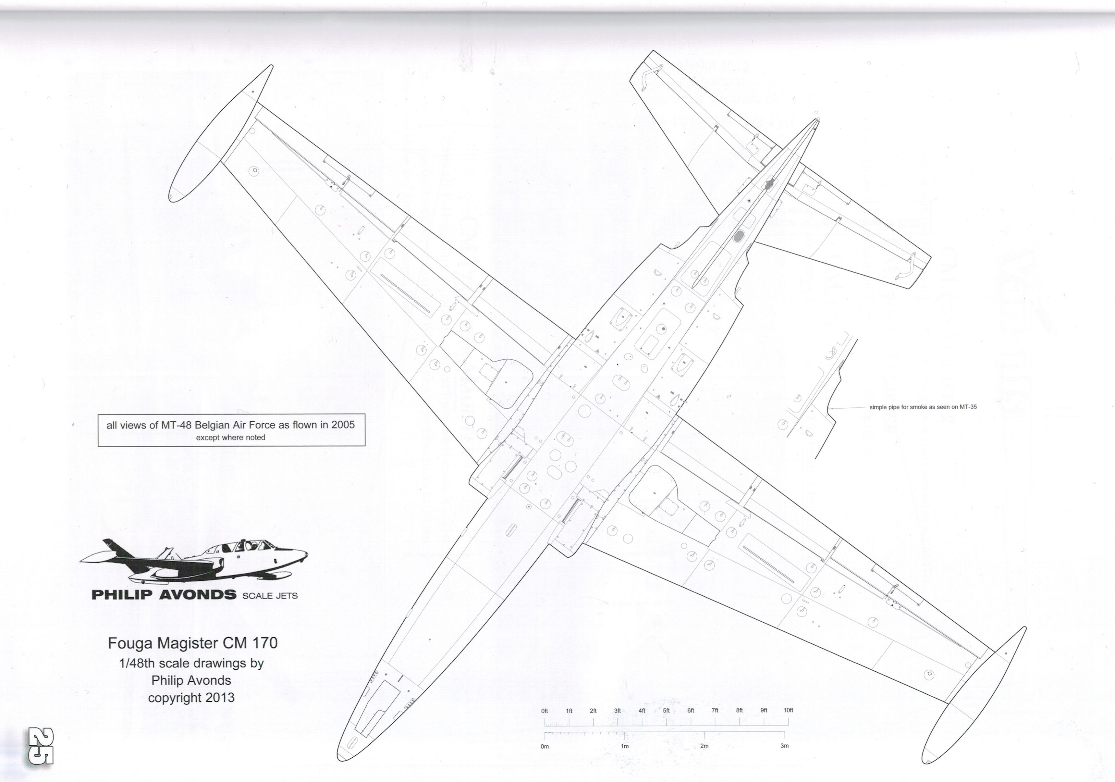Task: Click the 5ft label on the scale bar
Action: pyautogui.click(x=666, y=711)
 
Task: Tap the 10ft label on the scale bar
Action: pyautogui.click(x=788, y=710)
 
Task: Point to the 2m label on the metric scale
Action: pyautogui.click(x=704, y=746)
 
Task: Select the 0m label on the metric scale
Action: pyautogui.click(x=545, y=747)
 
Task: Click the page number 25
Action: pyautogui.click(x=41, y=746)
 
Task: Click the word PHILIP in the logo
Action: pyautogui.click(x=122, y=595)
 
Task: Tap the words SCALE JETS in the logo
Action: pyautogui.click(x=270, y=596)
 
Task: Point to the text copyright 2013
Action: pyautogui.click(x=191, y=698)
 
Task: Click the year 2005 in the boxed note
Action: pyautogui.click(x=343, y=425)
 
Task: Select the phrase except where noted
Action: pyautogui.click(x=231, y=438)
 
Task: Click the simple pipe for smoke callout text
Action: pyautogui.click(x=923, y=407)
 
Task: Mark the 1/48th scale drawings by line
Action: pyautogui.click(x=191, y=664)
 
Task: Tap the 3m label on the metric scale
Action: pyautogui.click(x=784, y=746)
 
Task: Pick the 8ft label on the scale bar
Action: pyautogui.click(x=739, y=711)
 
